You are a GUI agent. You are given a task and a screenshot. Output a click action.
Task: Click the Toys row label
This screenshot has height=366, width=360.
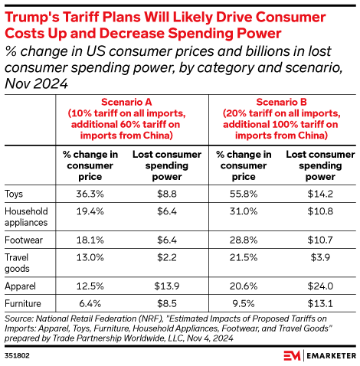pos(15,194)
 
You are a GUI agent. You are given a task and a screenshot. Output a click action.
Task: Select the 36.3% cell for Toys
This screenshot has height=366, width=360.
pos(90,194)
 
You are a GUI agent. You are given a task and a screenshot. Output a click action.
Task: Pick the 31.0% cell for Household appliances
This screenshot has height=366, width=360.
pos(241,210)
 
